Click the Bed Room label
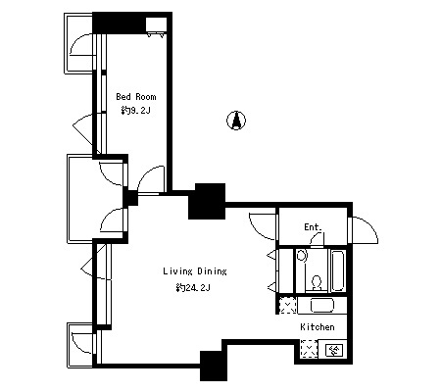click(136, 97)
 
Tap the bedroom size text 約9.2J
click(135, 111)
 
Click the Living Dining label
click(195, 271)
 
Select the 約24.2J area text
click(192, 288)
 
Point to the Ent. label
click(313, 227)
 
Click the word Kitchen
click(318, 327)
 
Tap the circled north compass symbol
click(236, 121)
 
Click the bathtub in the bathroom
click(338, 270)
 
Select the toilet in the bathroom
click(317, 283)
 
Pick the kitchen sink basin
click(322, 306)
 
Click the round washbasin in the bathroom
click(302, 255)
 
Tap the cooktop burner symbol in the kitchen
click(333, 351)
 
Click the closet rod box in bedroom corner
click(156, 24)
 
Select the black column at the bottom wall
click(214, 366)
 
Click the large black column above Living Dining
click(207, 201)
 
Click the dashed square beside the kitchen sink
click(288, 306)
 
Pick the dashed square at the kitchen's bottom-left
click(309, 349)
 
